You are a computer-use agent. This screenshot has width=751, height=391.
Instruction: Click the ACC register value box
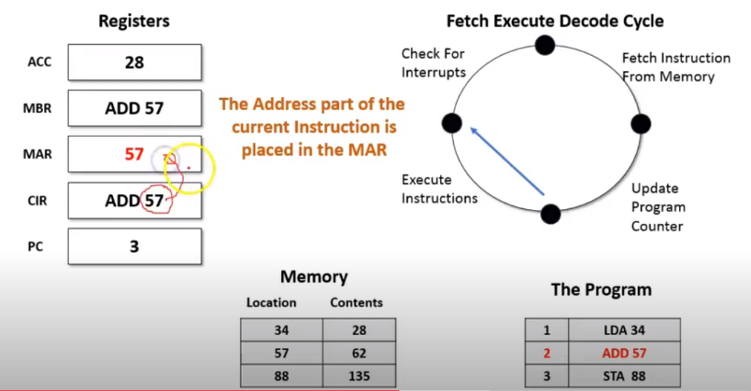pos(134,62)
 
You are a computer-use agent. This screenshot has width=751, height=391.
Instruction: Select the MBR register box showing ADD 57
pos(134,109)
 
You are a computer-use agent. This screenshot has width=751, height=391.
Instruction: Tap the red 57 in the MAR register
pos(133,154)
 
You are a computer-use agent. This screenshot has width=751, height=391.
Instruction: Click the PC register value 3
pos(134,246)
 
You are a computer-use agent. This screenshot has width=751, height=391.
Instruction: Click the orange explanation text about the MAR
pos(312,127)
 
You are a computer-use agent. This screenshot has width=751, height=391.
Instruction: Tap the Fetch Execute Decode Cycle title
pos(554,21)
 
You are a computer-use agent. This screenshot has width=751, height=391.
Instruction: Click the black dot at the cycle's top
pos(544,45)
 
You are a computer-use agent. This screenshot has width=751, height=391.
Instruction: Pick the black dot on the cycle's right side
pos(640,123)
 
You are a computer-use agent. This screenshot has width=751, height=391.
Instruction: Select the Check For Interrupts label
pos(433,63)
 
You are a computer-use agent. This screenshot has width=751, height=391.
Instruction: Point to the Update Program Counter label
pos(658,208)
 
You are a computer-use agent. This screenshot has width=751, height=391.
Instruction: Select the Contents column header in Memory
pos(356,302)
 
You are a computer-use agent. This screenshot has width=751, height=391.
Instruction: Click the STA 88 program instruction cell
pos(623,376)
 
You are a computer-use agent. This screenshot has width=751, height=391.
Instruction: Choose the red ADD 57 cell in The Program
pos(623,354)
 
